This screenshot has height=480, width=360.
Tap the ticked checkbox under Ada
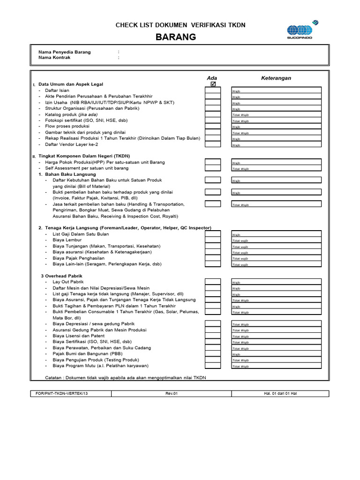(x=213, y=84)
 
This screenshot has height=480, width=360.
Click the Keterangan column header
(x=276, y=78)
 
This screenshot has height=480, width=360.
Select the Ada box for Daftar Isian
(x=212, y=90)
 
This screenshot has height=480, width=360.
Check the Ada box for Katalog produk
(x=212, y=114)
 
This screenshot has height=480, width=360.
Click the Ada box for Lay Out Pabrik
(x=212, y=282)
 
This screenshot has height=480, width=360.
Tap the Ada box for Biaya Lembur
(x=212, y=240)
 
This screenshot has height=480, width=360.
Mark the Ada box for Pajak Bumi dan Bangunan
(x=212, y=354)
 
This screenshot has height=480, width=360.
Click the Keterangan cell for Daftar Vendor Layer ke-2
(x=276, y=145)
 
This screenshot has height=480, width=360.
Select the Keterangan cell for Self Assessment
(x=276, y=168)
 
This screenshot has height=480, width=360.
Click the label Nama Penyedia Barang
(x=65, y=52)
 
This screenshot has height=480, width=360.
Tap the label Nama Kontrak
(x=54, y=58)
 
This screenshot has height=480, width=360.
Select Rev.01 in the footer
(x=172, y=393)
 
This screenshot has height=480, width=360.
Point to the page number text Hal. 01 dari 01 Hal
(x=280, y=393)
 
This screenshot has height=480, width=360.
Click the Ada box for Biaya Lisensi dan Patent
(x=212, y=336)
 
